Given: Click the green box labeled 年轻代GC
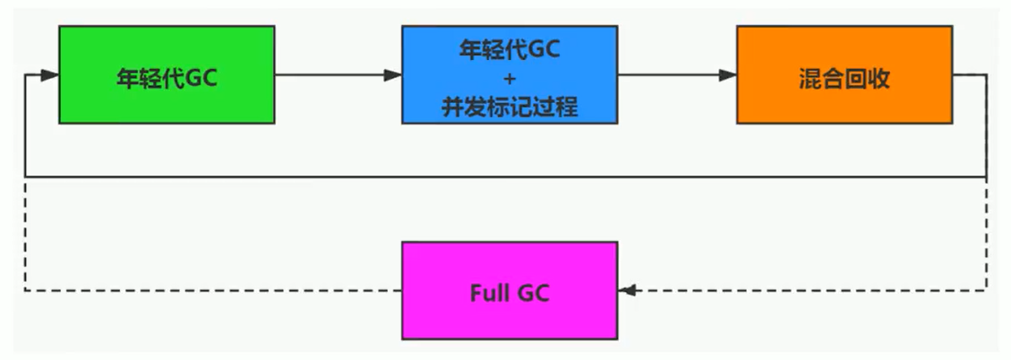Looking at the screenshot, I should (x=167, y=74).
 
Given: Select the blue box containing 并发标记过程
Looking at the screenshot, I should (x=509, y=74).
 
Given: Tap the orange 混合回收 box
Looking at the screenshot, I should (x=844, y=74).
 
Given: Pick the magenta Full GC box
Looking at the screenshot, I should (x=509, y=290).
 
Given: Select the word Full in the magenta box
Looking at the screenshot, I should (x=489, y=292).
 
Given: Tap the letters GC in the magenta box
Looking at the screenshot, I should (x=533, y=292).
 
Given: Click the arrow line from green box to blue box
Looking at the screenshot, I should (x=331, y=75).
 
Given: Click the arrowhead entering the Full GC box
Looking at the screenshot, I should (x=626, y=290).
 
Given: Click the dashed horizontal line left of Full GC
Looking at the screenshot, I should (x=215, y=290).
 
